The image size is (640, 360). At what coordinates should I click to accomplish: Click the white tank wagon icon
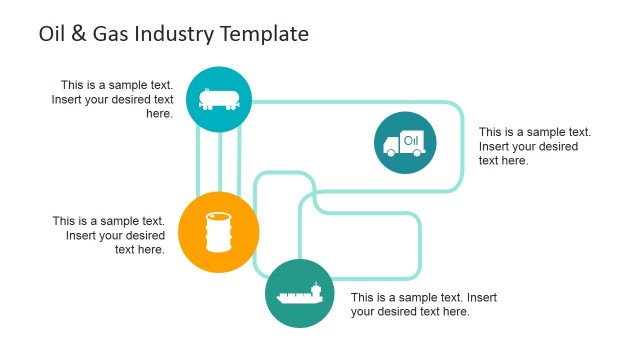coord(218,98)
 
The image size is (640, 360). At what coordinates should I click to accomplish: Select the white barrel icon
coord(218,232)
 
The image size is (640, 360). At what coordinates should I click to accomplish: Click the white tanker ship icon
coord(299,294)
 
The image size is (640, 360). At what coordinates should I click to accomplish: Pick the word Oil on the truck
coord(410,140)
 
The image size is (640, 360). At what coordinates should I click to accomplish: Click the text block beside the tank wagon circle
coord(117,99)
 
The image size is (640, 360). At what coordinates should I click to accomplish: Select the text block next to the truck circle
coord(535,146)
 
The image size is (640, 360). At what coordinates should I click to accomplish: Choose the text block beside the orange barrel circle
coord(110,235)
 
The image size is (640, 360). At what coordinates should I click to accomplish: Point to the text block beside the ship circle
coord(423,304)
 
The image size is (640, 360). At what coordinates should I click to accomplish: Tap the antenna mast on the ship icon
coord(317,286)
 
